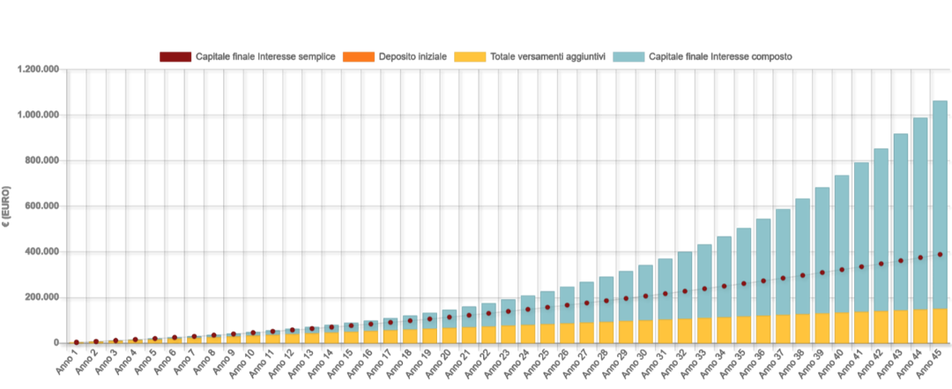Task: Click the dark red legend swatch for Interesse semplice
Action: pyautogui.click(x=175, y=56)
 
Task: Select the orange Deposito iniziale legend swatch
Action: pyautogui.click(x=359, y=56)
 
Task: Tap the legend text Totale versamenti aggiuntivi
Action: pyautogui.click(x=548, y=56)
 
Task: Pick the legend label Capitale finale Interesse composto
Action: pyautogui.click(x=720, y=56)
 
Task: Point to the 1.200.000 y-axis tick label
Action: pyautogui.click(x=39, y=70)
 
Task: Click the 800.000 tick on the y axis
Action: pyautogui.click(x=42, y=161)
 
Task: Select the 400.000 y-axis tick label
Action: pyautogui.click(x=42, y=251)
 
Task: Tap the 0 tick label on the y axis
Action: pyautogui.click(x=56, y=343)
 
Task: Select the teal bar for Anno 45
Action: pyautogui.click(x=940, y=205)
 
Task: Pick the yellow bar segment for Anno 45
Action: pyautogui.click(x=940, y=325)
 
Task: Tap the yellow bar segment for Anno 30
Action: pyautogui.click(x=645, y=332)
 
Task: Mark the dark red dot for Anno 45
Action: pyautogui.click(x=940, y=254)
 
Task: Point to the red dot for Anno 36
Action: pyautogui.click(x=763, y=281)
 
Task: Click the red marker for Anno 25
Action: pyautogui.click(x=547, y=307)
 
